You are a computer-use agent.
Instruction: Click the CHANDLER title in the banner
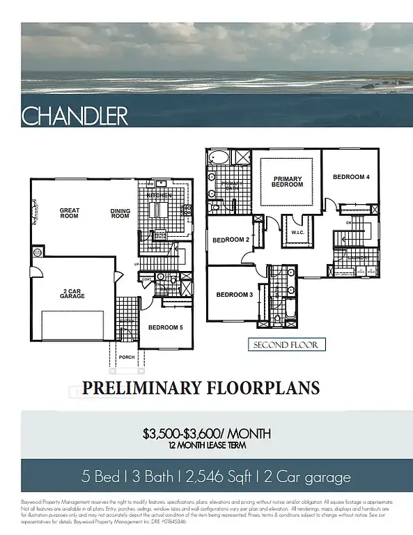75,116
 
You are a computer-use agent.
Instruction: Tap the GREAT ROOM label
70,213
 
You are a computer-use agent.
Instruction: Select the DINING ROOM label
120,213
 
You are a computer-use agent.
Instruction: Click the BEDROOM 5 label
166,326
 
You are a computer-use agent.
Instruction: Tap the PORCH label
127,357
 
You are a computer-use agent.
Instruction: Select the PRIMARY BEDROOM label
287,181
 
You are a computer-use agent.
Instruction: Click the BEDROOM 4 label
350,177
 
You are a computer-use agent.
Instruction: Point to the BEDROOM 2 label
231,240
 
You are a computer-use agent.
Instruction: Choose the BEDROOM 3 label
234,295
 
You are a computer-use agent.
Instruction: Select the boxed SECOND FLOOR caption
286,345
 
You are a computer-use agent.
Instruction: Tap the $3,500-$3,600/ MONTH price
206,433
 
